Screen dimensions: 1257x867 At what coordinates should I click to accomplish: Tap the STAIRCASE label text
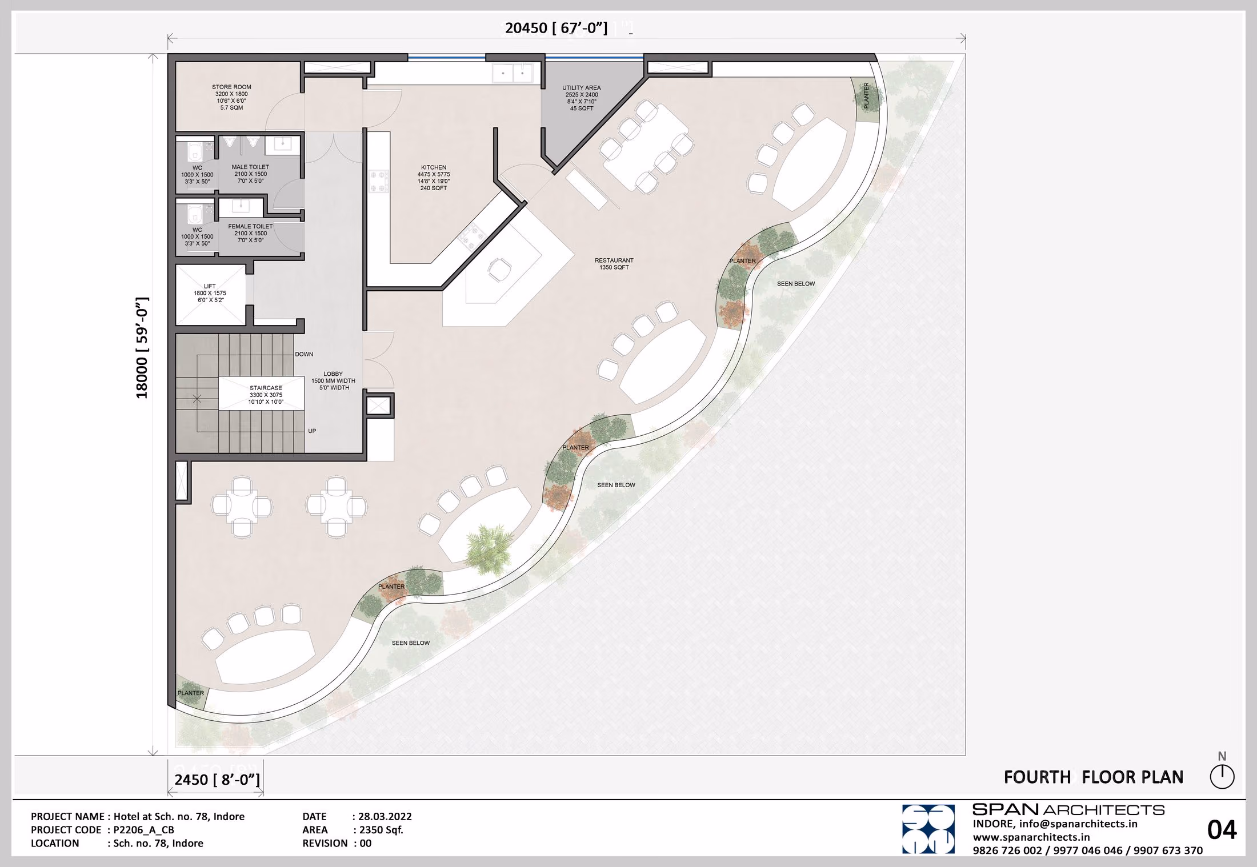(266, 388)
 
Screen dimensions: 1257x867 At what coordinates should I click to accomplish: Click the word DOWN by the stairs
(304, 354)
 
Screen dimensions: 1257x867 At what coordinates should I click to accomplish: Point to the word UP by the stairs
(312, 431)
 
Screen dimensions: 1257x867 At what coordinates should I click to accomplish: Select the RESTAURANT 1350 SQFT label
(614, 264)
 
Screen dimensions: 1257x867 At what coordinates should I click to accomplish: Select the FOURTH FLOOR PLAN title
(1094, 777)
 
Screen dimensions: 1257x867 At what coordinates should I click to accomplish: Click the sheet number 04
(1222, 830)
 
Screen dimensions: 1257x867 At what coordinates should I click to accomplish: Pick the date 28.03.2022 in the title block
(385, 817)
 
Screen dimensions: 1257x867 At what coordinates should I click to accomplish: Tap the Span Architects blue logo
(928, 829)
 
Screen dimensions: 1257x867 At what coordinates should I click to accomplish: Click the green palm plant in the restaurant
(489, 549)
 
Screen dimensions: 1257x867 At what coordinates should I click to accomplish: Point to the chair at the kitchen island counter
(499, 268)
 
